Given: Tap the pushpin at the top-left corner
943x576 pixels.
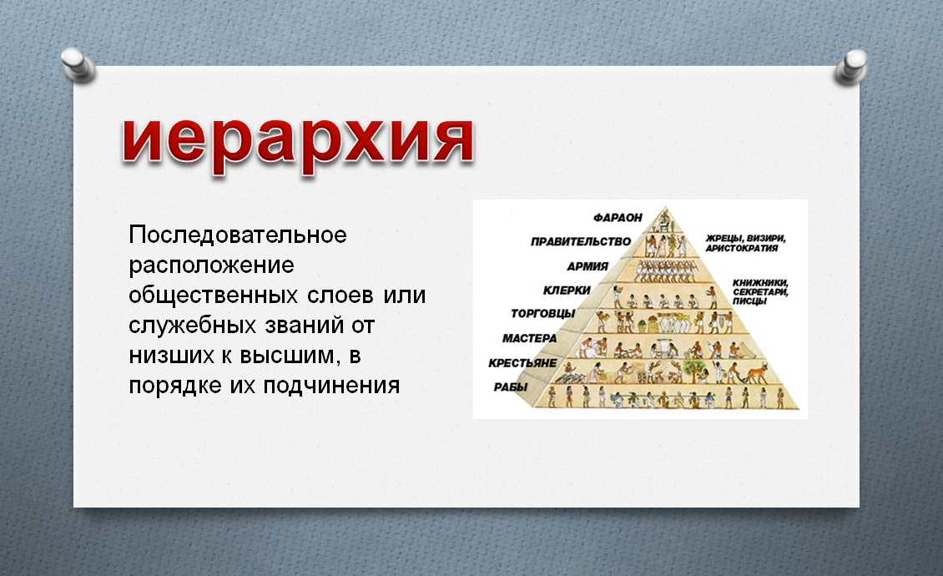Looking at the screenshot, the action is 78,65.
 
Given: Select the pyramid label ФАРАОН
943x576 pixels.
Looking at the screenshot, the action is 618,217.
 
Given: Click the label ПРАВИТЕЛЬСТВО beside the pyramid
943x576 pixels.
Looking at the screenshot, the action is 580,242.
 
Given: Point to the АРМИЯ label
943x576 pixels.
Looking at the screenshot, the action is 587,266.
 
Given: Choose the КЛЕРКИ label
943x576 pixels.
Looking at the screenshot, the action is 567,291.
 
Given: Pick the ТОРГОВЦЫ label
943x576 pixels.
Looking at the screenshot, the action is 542,314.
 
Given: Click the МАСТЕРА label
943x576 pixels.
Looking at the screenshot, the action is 529,338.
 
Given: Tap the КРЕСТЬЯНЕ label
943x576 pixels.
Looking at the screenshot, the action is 522,363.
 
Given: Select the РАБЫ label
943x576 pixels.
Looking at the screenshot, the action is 510,387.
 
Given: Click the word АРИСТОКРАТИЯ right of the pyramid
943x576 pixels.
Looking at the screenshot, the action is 742,248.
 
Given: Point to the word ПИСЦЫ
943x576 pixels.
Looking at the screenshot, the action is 749,301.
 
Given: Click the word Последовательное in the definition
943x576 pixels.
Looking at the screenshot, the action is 238,235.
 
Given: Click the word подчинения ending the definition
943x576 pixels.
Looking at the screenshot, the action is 331,386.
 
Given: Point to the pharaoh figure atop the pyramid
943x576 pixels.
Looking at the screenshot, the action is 664,220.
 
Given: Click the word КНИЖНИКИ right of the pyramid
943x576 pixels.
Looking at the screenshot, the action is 760,283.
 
